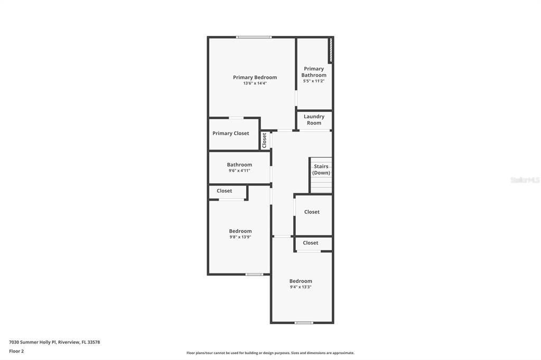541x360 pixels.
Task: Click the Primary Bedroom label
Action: (x=255, y=77)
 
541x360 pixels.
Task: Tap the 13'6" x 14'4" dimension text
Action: (x=255, y=83)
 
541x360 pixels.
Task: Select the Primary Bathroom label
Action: (x=314, y=72)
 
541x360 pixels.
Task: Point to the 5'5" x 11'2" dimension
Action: (x=314, y=81)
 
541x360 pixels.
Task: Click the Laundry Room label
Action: (x=314, y=120)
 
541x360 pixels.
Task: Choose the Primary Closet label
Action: (x=230, y=133)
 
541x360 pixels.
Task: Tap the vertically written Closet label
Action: (x=264, y=140)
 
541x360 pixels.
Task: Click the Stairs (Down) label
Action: (x=321, y=169)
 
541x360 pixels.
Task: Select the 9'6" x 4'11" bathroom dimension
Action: (x=239, y=170)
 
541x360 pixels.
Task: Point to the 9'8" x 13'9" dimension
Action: (x=240, y=237)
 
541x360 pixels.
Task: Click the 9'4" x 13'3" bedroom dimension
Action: (x=301, y=287)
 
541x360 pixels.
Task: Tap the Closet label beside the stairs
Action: (x=312, y=212)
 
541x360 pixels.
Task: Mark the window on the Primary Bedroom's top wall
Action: (x=254, y=37)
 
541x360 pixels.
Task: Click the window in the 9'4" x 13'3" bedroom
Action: (x=304, y=323)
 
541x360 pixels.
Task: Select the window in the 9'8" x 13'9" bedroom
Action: (x=254, y=274)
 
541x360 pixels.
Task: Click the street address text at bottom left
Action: (x=54, y=342)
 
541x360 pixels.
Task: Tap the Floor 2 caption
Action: (x=16, y=351)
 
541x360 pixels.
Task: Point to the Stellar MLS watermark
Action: (x=525, y=179)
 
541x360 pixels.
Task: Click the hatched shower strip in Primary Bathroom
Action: (x=331, y=50)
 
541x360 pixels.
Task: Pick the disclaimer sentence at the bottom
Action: (x=270, y=353)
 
